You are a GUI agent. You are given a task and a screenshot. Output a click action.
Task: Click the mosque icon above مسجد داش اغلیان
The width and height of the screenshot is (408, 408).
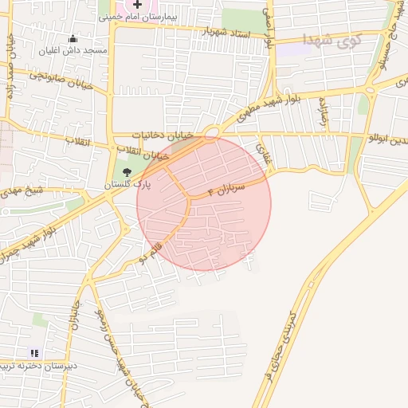(x=73, y=38)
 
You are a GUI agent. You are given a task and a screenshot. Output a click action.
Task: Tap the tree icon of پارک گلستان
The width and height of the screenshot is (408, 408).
(x=127, y=171)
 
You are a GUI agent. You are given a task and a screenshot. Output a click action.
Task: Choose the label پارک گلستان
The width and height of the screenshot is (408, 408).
(x=127, y=184)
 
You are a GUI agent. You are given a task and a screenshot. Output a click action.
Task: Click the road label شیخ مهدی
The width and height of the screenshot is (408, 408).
(x=22, y=192)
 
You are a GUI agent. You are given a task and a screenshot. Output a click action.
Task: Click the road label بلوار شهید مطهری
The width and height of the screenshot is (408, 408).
(x=244, y=119)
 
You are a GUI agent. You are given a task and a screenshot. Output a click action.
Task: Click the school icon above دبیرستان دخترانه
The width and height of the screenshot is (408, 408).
(x=33, y=353)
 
